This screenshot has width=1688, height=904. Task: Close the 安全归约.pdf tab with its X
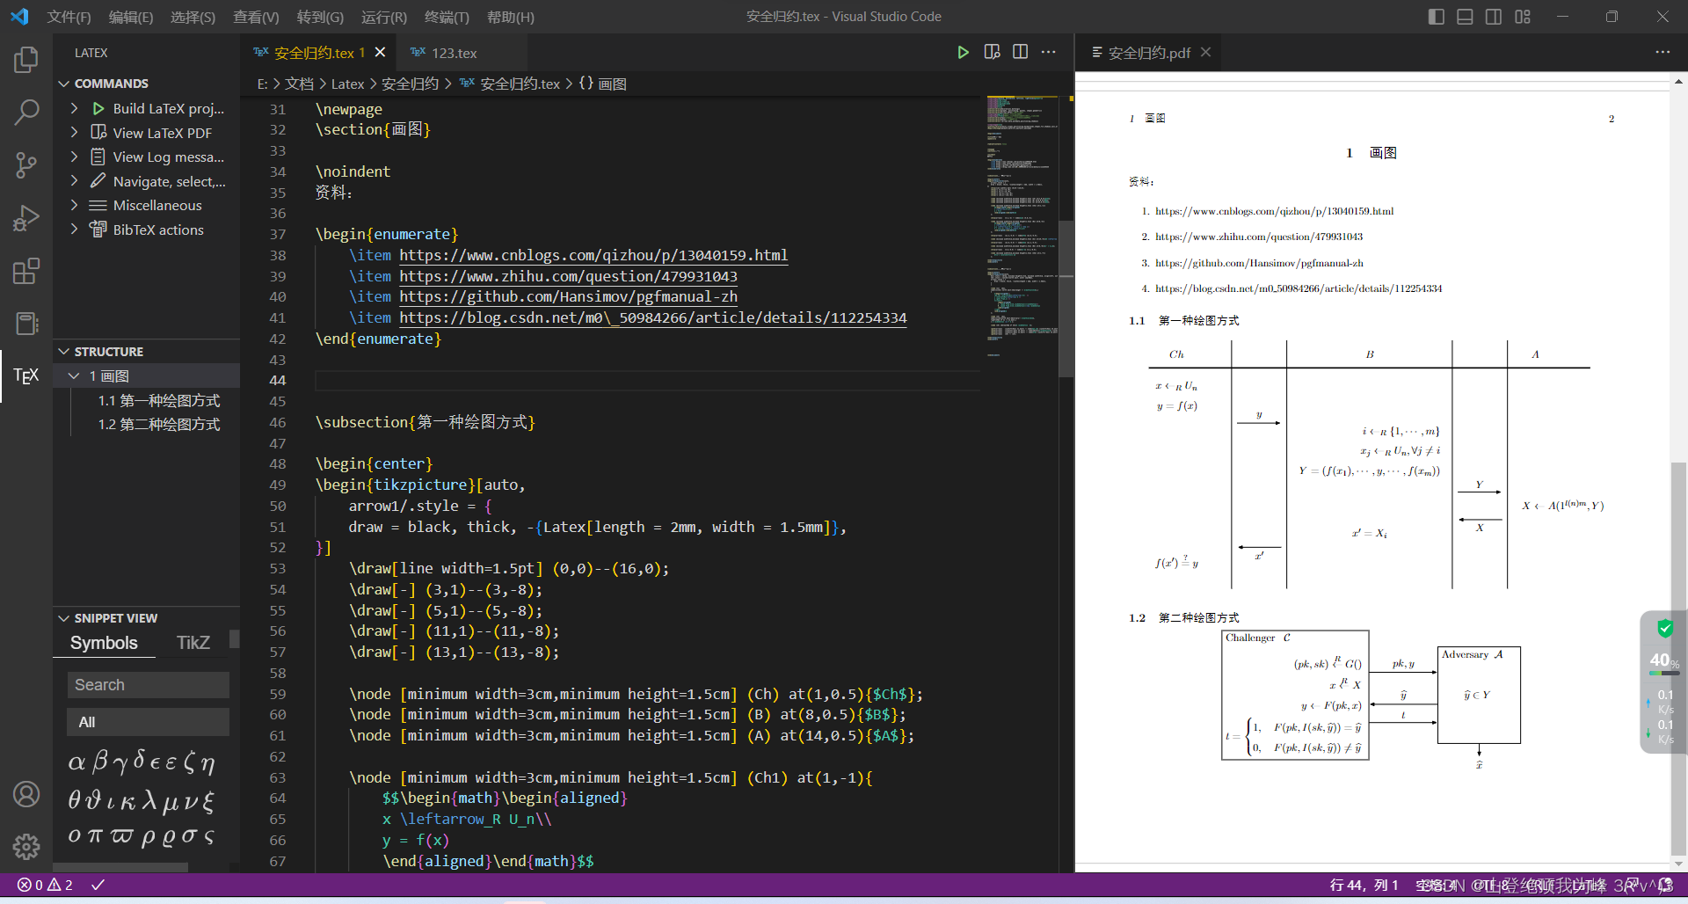1206,53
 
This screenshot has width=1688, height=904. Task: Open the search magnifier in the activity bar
26,112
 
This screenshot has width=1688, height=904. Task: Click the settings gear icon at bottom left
26,846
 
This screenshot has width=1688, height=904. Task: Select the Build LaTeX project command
167,108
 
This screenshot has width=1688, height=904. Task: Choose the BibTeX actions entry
158,230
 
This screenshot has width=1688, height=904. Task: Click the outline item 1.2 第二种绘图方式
159,425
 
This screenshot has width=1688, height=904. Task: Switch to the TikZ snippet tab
193,643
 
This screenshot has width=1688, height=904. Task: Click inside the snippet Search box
148,685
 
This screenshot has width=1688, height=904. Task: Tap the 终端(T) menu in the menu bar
447,17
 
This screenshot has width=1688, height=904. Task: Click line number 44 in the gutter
278,381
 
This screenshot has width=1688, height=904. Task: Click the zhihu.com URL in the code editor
568,276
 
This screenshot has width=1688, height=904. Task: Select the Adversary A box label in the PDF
1472,654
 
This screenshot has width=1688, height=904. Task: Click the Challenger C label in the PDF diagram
1257,638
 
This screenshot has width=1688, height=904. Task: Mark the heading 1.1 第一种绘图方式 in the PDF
1184,321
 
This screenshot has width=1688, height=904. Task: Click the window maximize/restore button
1612,17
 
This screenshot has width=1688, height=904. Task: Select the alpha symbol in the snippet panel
76,762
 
